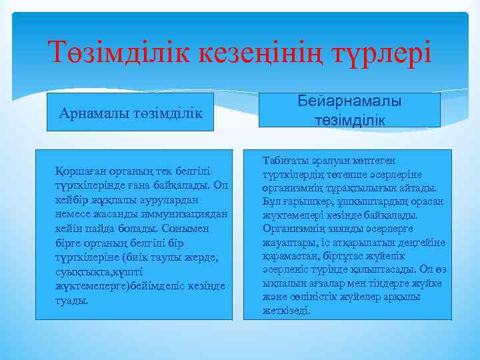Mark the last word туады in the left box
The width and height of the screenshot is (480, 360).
point(71,300)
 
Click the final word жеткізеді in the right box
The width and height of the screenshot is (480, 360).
point(287,311)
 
